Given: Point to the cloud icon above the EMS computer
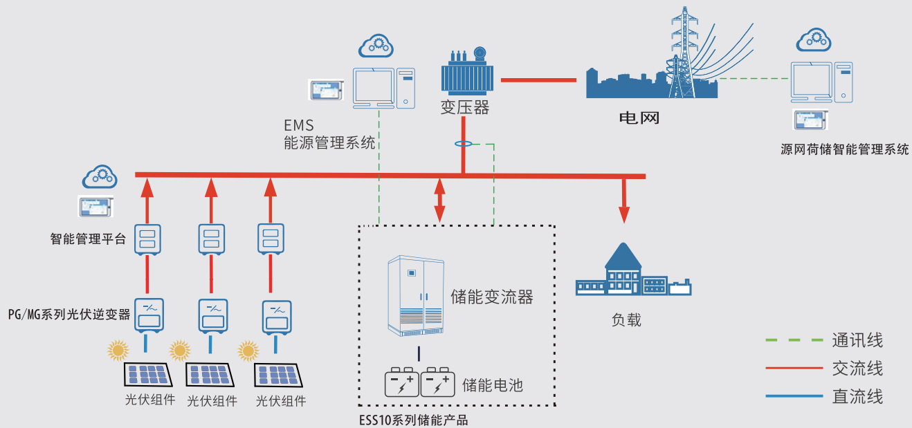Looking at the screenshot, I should [x=376, y=46].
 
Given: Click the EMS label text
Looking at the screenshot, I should [x=299, y=126].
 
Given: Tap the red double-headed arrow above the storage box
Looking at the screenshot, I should [x=439, y=200].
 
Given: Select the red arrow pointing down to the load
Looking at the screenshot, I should [x=624, y=201].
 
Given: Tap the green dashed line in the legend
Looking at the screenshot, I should [x=791, y=340].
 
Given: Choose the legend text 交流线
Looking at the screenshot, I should [x=857, y=369].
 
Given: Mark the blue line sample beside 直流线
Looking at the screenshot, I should [x=791, y=397].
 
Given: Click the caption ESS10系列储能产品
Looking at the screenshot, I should [x=413, y=420].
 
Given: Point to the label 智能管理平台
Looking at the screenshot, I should [x=88, y=240].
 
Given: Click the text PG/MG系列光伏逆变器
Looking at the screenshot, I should [x=69, y=314].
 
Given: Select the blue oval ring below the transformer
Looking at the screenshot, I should [x=463, y=144].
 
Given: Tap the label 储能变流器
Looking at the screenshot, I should [x=492, y=297].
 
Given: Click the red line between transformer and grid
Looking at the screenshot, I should [x=538, y=80].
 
